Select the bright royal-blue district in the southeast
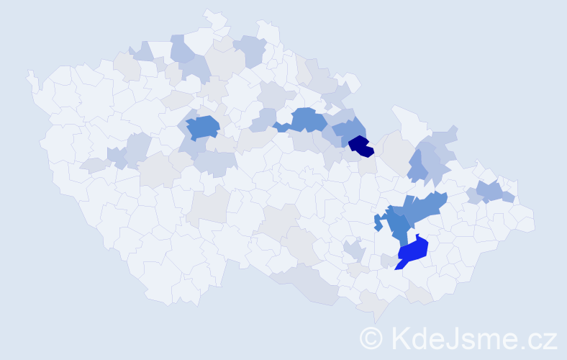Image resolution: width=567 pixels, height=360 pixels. coord(413,251)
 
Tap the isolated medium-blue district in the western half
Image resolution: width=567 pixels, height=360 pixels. coord(204,127)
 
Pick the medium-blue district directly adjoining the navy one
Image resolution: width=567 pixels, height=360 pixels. coord(350,130)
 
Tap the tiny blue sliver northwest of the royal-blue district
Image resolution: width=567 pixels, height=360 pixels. coord(378,222)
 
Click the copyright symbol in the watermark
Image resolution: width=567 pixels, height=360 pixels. coord(371,337)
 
